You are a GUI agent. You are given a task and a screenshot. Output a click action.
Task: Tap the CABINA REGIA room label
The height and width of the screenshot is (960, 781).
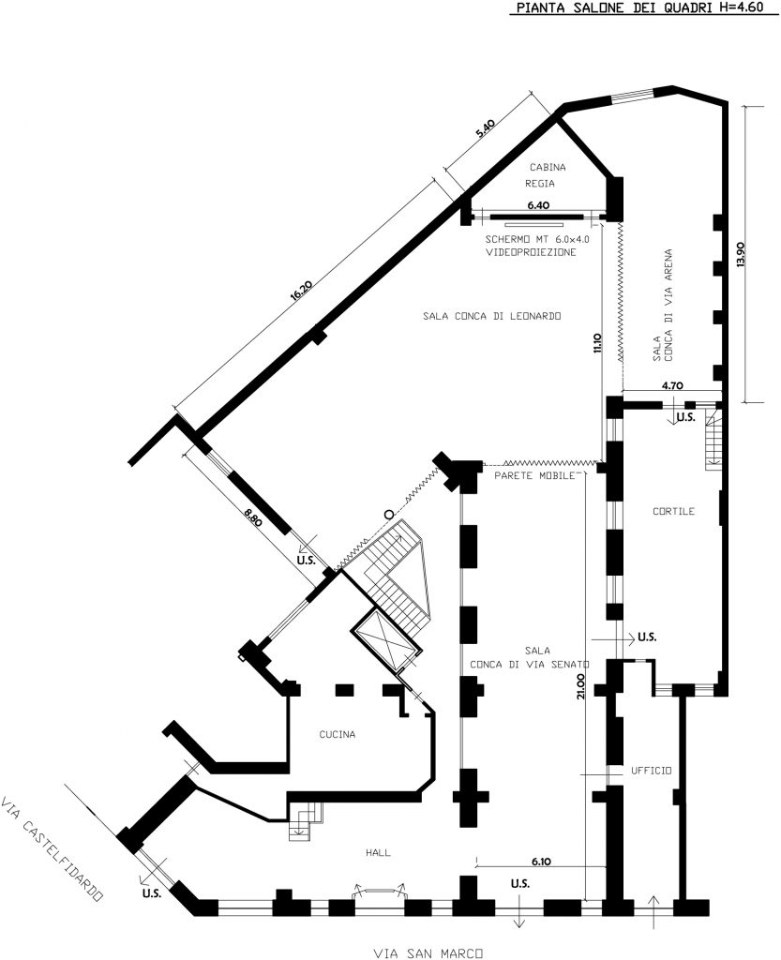548,174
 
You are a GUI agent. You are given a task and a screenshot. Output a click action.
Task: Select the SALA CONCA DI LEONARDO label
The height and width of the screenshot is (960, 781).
492,316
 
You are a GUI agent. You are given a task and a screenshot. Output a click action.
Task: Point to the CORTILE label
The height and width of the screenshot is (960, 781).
673,511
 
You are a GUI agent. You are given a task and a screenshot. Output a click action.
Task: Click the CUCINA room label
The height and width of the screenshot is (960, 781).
338,734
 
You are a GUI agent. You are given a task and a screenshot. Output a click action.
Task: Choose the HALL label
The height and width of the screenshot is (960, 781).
378,851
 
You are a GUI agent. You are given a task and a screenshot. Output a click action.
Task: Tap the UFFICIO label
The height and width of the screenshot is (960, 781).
652,771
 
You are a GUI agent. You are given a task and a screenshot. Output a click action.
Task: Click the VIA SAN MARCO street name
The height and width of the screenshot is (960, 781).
428,952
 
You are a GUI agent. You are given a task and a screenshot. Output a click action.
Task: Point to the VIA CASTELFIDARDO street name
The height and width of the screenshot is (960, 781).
52,847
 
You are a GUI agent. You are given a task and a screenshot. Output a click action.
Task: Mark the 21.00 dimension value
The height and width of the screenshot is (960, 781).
580,685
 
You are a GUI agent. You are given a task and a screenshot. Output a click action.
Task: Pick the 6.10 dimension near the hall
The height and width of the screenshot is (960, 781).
541,861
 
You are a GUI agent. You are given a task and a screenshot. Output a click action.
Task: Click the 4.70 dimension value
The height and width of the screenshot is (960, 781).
672,385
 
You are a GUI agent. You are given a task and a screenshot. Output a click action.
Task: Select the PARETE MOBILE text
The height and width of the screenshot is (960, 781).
533,475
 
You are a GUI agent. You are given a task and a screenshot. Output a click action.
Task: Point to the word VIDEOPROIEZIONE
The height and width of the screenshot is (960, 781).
531,251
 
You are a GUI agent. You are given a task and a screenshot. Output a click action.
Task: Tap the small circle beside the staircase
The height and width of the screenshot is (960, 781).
387,515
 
